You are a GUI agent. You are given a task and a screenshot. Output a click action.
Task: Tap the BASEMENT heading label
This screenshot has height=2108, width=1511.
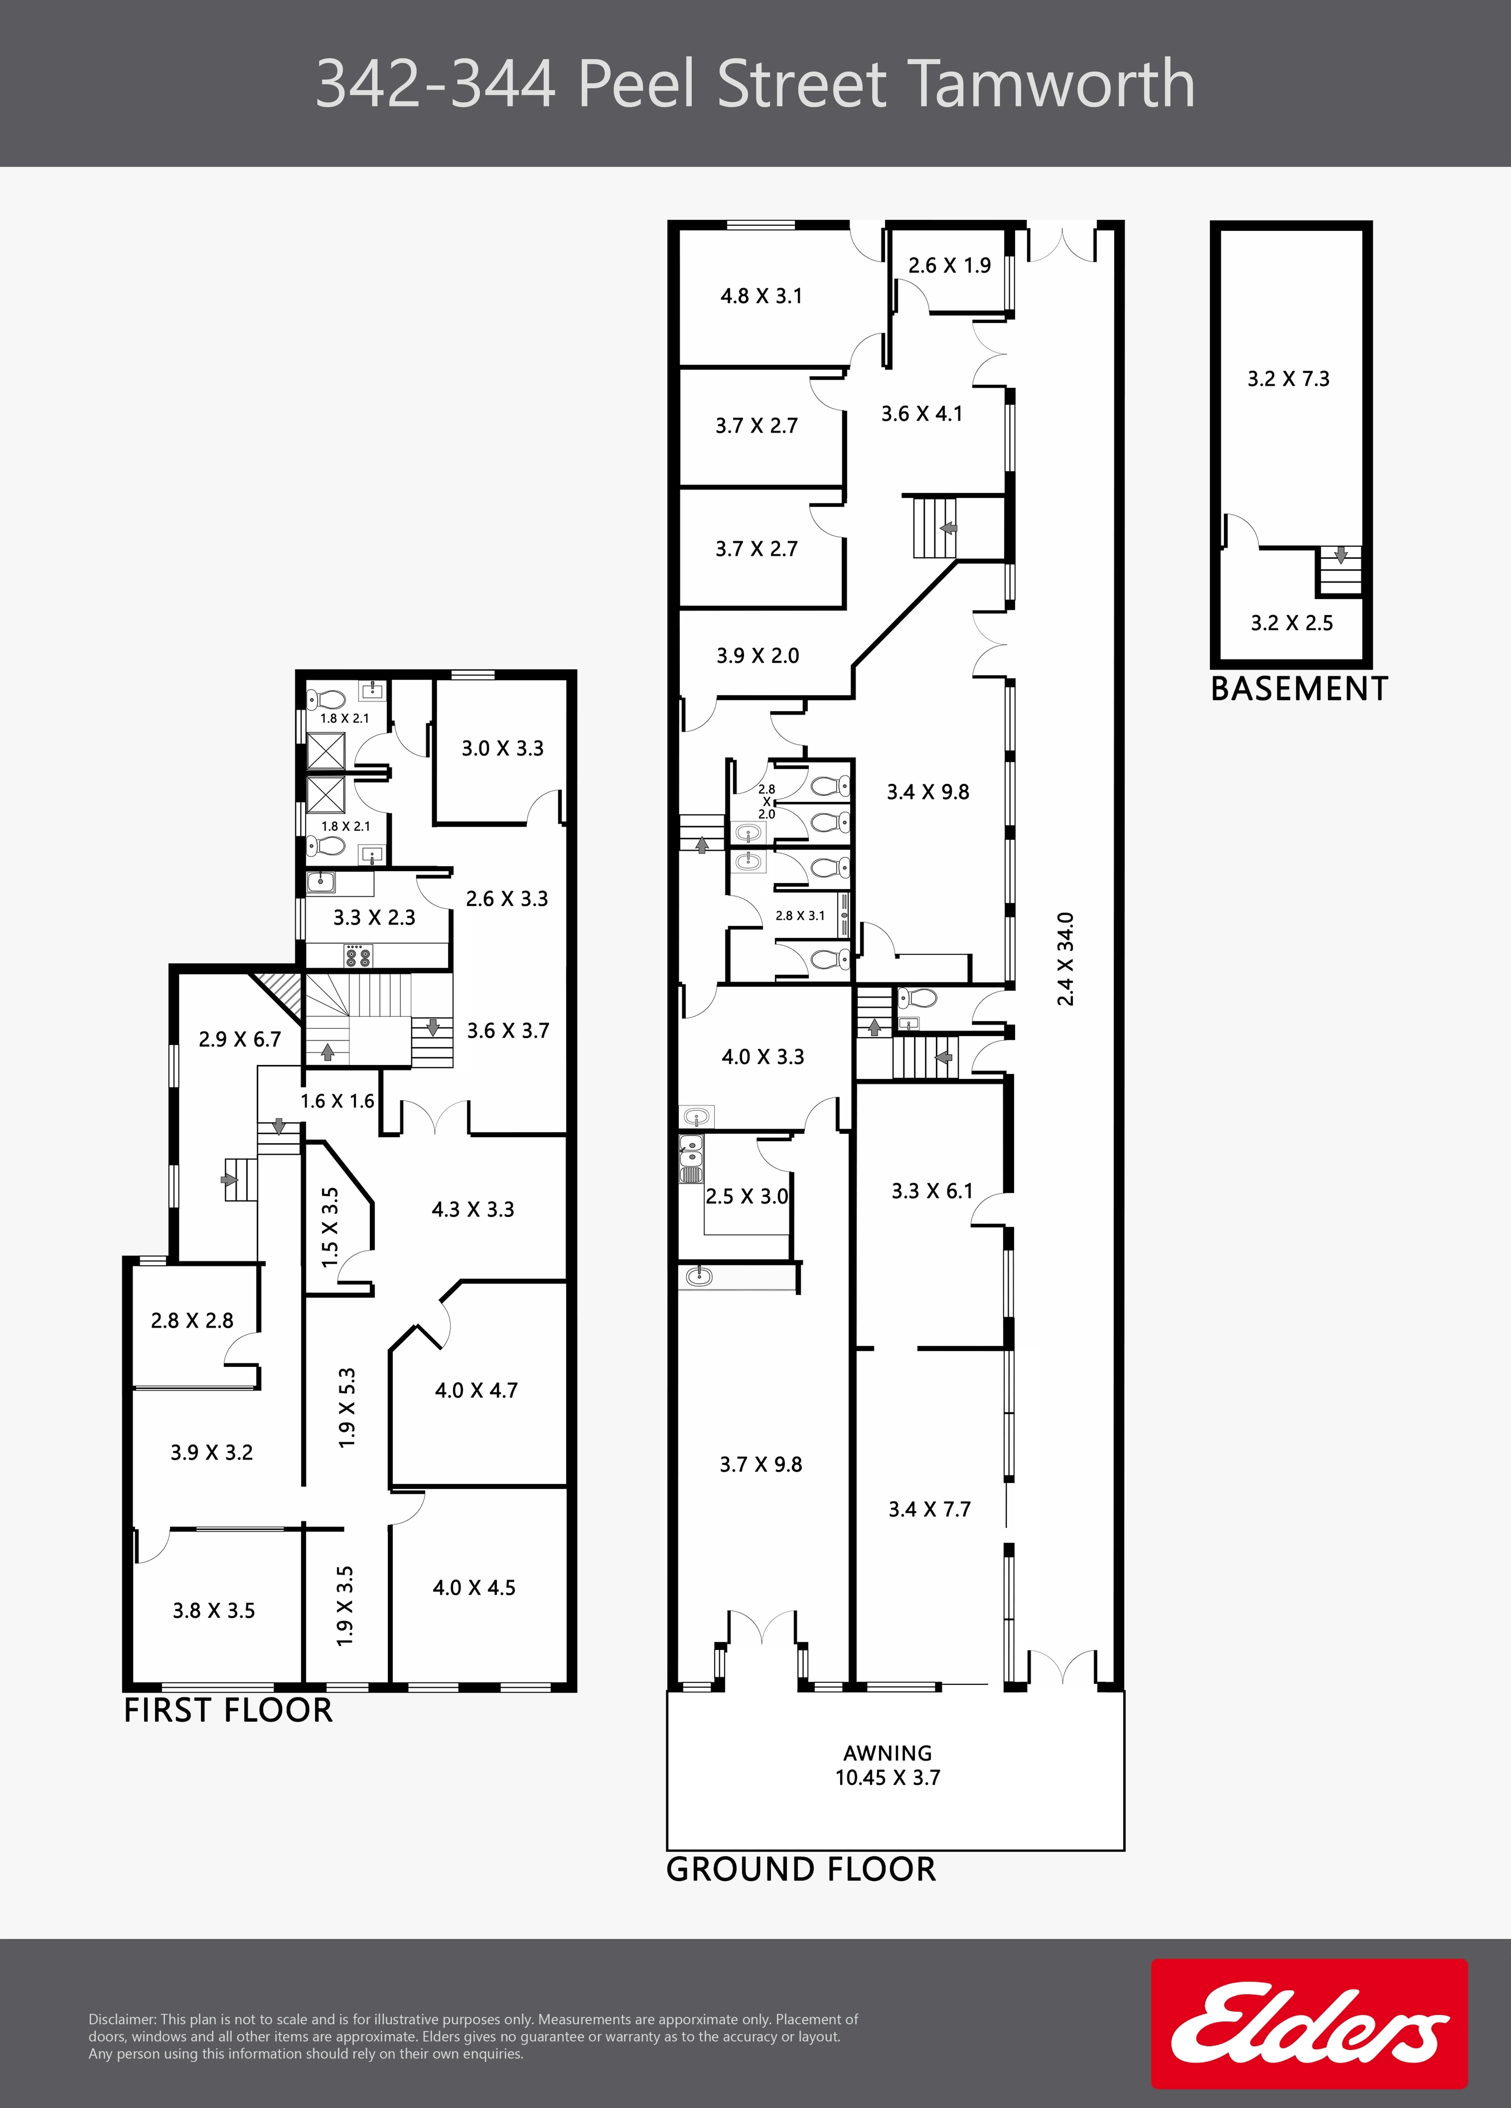[1299, 689]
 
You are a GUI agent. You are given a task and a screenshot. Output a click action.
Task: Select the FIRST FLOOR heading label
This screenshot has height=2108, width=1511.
[229, 1710]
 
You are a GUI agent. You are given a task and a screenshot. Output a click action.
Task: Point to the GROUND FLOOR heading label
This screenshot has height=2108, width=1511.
[801, 1869]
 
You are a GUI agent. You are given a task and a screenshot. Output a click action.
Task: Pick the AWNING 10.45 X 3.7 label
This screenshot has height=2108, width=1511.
[887, 1765]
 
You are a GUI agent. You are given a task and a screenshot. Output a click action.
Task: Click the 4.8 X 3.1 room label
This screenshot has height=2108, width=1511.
[761, 296]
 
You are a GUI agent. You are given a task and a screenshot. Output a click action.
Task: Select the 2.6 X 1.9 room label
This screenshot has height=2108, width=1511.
[950, 265]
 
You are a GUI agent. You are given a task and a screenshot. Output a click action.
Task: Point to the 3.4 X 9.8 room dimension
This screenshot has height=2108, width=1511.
[927, 792]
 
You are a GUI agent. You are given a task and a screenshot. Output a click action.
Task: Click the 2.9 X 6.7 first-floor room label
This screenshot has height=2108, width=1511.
[240, 1039]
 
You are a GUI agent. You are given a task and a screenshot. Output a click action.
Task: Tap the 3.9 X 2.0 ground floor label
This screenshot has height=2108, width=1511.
[757, 655]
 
